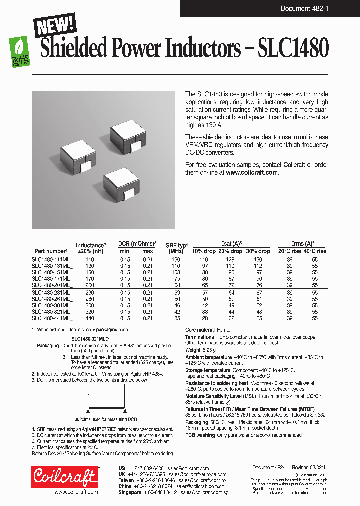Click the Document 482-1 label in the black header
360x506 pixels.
[x=304, y=8]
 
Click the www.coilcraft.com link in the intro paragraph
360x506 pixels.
[x=252, y=172]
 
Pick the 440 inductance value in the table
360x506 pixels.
[x=90, y=318]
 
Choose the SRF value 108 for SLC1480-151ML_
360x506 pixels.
[x=176, y=272]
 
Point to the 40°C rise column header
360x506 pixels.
[x=314, y=251]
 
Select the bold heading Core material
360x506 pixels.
[x=200, y=330]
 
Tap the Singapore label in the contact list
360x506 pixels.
[x=129, y=492]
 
